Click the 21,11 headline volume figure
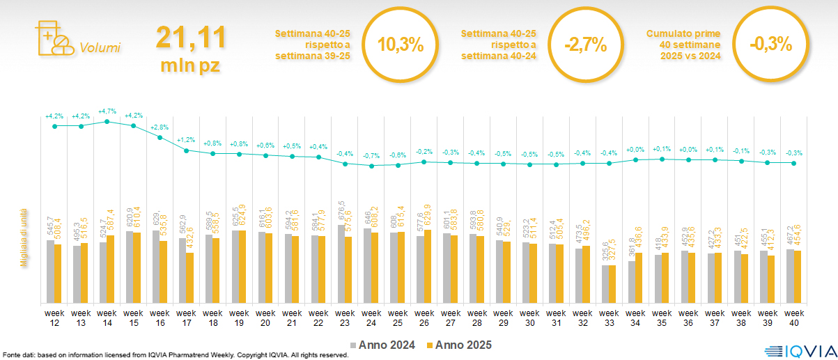click(x=191, y=38)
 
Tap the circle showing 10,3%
click(x=401, y=45)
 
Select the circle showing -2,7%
click(x=586, y=45)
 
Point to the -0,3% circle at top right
click(x=771, y=43)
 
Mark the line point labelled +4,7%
click(x=107, y=121)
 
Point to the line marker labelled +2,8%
click(x=160, y=137)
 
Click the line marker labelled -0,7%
click(x=371, y=166)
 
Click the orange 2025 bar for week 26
click(x=428, y=266)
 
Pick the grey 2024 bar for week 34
click(x=631, y=281)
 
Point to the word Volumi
click(x=100, y=47)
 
